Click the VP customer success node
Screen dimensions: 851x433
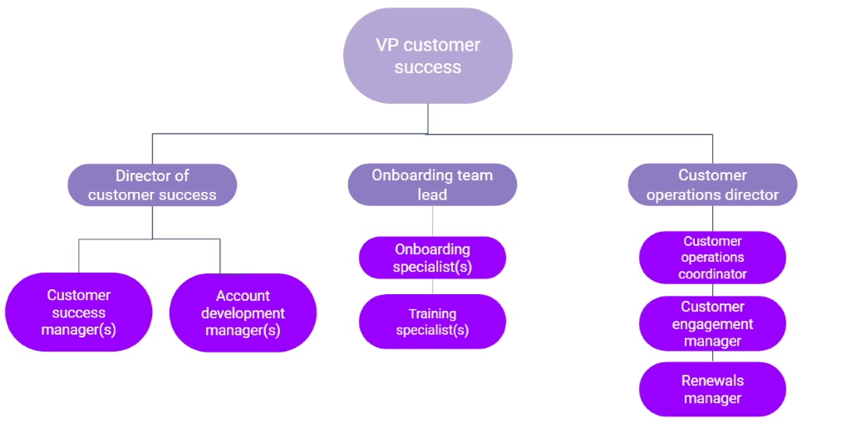[428, 56]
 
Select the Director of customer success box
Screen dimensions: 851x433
[152, 185]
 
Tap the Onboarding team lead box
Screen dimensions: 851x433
[432, 185]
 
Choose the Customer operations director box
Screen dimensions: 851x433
[712, 185]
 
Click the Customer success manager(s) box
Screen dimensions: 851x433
[79, 312]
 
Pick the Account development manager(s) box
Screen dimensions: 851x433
[243, 312]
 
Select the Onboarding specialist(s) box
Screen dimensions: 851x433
[432, 258]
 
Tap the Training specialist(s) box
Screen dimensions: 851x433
[432, 322]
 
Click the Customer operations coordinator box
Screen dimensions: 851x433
[712, 258]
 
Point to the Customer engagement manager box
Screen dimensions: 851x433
[712, 323]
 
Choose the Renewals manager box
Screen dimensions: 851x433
[712, 389]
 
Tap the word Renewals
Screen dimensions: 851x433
[712, 381]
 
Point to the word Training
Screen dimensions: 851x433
[432, 313]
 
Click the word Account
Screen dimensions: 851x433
[243, 296]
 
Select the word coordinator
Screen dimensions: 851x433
[712, 274]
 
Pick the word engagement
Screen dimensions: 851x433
[712, 324]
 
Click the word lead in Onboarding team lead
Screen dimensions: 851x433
[432, 194]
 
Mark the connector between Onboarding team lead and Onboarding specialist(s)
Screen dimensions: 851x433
[432, 221]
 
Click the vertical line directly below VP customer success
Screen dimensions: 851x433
[428, 118]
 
